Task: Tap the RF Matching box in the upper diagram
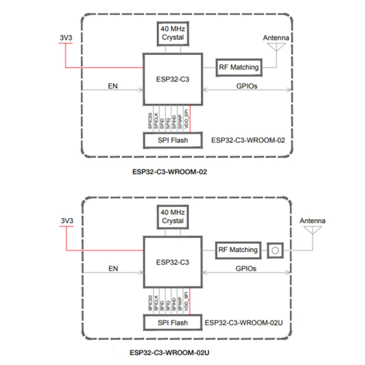pos(239,67)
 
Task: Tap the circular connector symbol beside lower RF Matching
pos(275,250)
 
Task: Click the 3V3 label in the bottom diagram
pos(67,220)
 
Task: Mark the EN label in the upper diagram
pos(113,85)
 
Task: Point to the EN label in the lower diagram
pos(113,269)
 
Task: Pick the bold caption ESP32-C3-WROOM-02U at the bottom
pos(169,353)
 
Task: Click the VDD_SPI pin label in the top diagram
pos(186,120)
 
